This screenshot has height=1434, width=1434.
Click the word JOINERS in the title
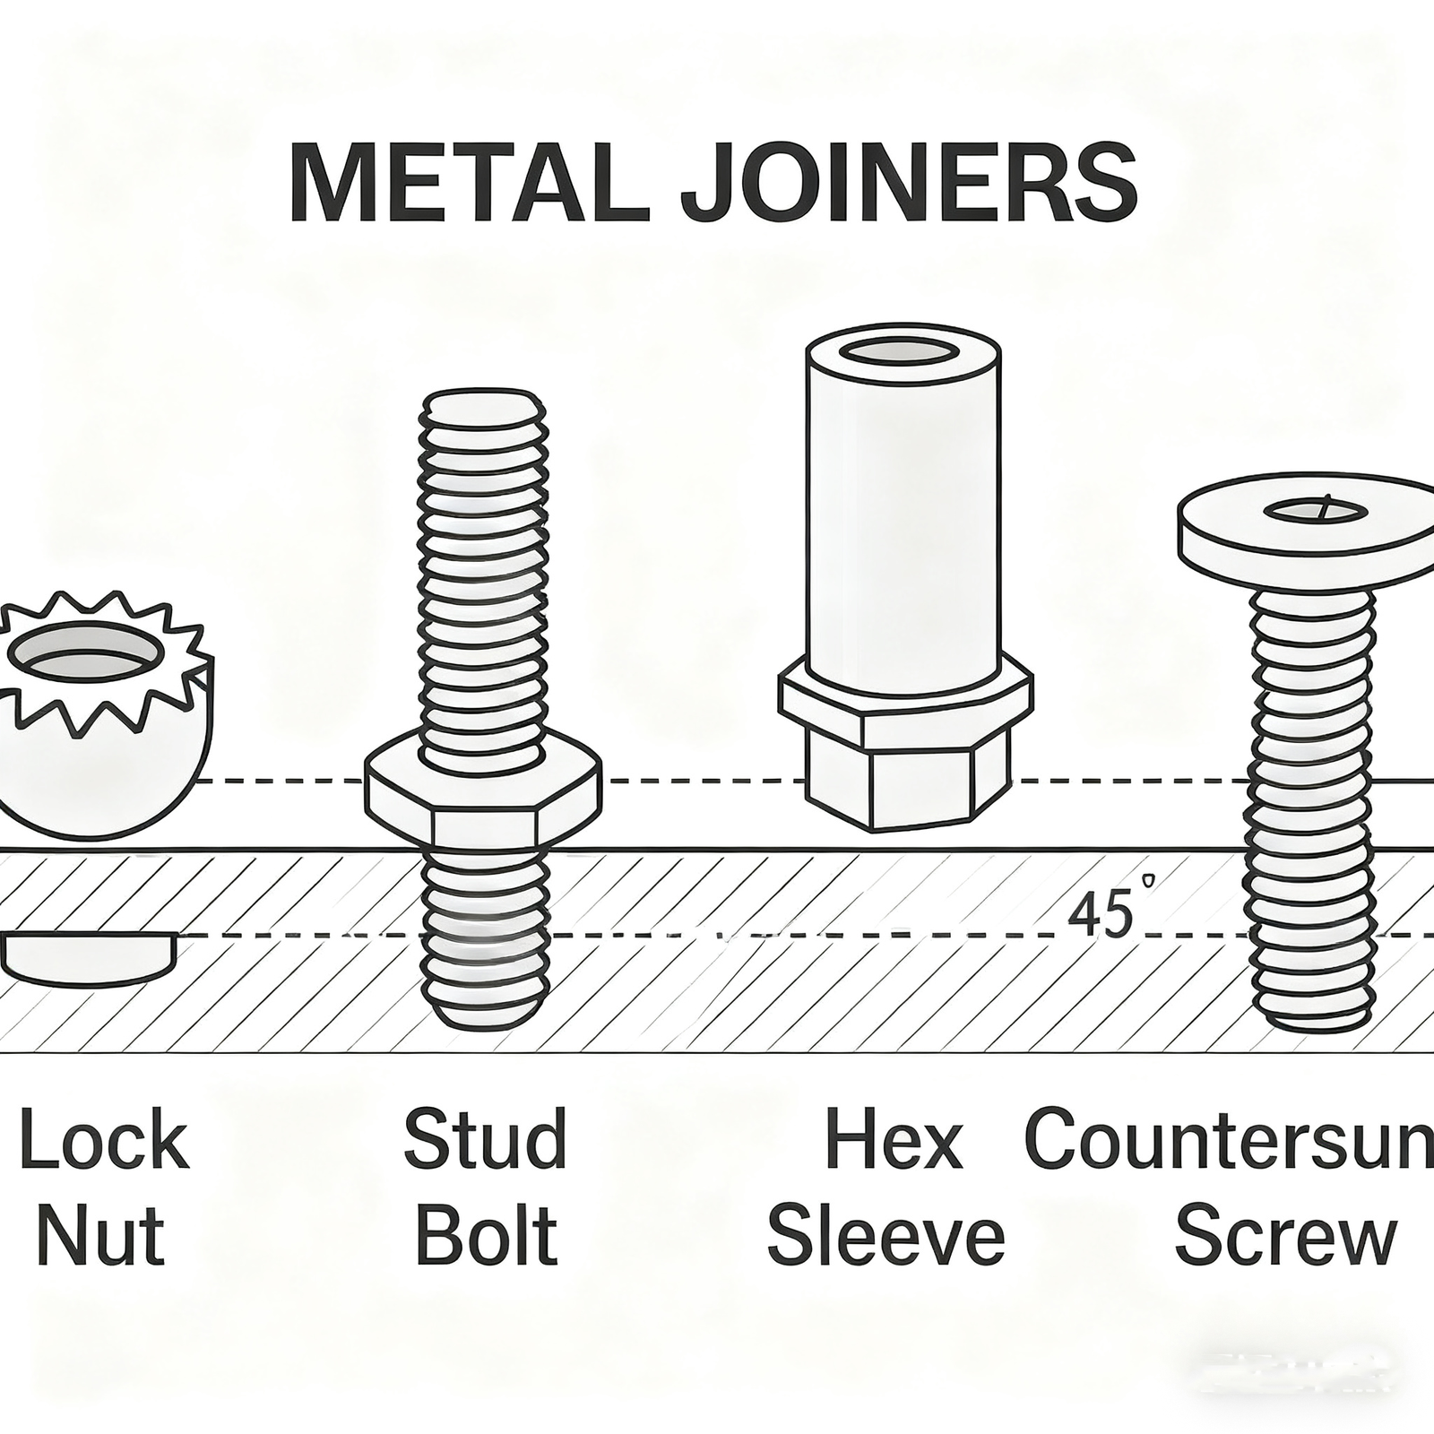point(908,186)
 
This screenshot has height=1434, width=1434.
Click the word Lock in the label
point(105,1140)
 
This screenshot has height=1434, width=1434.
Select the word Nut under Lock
point(101,1236)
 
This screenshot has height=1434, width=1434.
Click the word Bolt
point(487,1236)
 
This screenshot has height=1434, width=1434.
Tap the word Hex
point(894,1140)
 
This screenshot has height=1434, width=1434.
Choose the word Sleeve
point(885,1236)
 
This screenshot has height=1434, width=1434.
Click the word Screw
point(1285,1236)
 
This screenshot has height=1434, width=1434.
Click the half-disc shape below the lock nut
point(88,957)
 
